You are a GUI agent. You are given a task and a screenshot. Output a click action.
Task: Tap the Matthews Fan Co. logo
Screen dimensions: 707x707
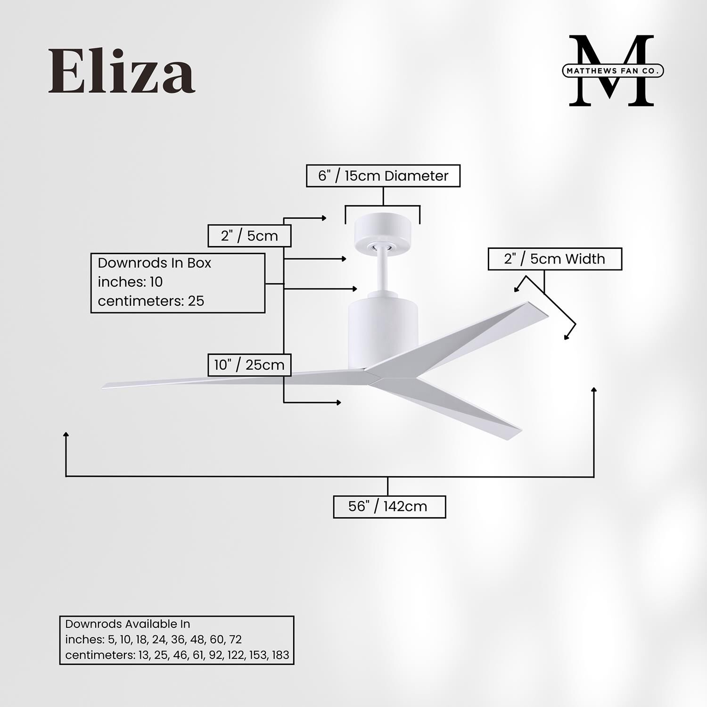[x=612, y=71]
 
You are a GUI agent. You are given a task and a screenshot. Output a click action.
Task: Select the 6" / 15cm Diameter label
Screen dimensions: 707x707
[x=383, y=176]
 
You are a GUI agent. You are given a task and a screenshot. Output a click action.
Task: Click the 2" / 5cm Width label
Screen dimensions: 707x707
[x=554, y=259]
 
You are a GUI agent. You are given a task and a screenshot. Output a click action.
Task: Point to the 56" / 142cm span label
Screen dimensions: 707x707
[x=388, y=507]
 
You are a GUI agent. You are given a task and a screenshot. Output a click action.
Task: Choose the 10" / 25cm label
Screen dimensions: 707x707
[x=249, y=365]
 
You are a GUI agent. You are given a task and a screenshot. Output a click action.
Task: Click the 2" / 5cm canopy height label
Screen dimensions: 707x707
[x=249, y=236]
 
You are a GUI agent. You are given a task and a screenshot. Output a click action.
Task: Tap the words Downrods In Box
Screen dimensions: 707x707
[x=154, y=263]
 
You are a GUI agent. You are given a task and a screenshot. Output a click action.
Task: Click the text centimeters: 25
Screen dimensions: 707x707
[x=151, y=301]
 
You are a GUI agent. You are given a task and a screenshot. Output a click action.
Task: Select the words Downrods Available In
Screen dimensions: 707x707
[x=127, y=624]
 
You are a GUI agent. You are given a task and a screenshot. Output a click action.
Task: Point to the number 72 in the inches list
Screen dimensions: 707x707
[x=235, y=640]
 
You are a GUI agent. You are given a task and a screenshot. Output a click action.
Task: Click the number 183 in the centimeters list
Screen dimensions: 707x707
[x=280, y=655]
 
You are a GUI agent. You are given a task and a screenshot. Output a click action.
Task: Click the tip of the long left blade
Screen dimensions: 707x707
[x=105, y=386]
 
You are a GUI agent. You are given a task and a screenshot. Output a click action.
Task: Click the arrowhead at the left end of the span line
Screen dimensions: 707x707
[x=66, y=433]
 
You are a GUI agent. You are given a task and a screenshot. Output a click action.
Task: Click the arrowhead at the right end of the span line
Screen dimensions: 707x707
[x=594, y=389]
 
